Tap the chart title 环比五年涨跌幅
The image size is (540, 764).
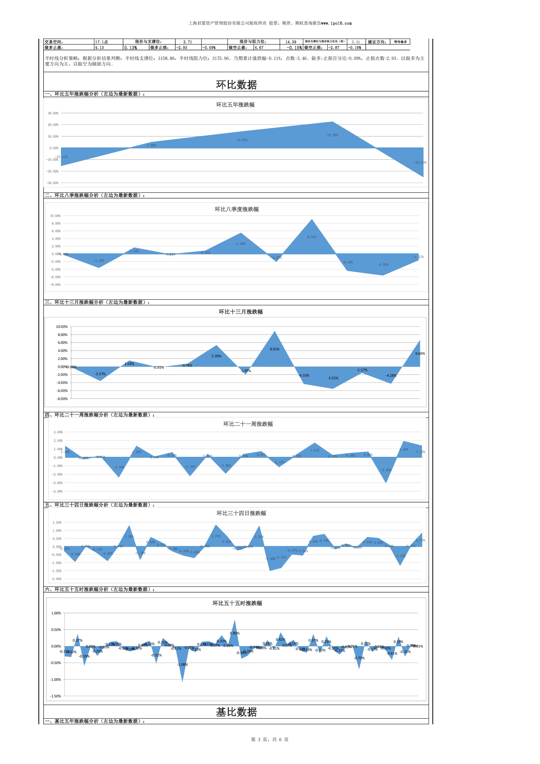point(235,105)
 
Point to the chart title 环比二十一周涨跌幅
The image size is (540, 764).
point(248,424)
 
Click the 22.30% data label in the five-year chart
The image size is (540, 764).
point(332,135)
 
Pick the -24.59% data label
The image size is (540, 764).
point(420,162)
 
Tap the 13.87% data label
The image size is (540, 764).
point(242,140)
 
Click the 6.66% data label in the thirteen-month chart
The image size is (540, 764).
point(420,353)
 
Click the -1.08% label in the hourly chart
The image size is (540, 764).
point(182,664)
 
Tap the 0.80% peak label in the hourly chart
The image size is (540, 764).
point(235,633)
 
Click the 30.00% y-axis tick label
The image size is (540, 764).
point(53,113)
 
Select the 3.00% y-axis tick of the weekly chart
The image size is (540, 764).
point(58,432)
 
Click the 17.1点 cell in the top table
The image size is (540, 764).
point(101,42)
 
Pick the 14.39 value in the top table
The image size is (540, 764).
point(291,42)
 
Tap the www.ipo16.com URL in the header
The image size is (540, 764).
point(336,23)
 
